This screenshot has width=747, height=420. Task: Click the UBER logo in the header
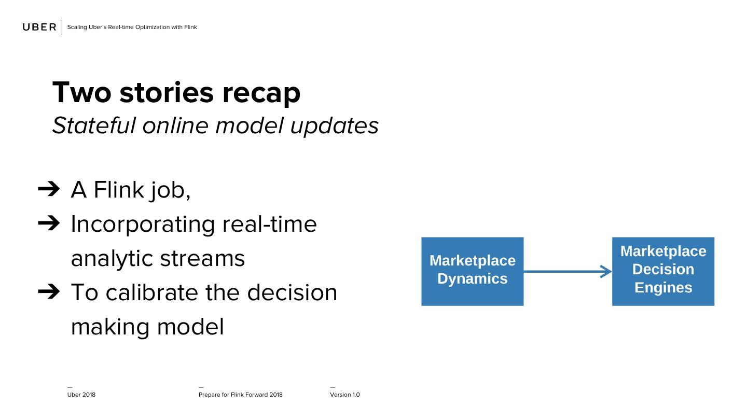tap(39, 27)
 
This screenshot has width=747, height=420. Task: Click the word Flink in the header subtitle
tap(190, 27)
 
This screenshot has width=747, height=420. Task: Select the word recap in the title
tap(261, 93)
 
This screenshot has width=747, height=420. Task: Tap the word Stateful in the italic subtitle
tap(94, 125)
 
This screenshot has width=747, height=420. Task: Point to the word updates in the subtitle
tap(335, 127)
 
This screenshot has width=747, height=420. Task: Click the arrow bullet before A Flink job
tap(49, 189)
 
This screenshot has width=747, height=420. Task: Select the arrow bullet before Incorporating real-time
tap(49, 223)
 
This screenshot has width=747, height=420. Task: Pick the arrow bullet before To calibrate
tap(49, 291)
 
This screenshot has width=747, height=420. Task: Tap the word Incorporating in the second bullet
tap(143, 225)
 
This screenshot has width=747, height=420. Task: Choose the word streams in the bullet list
tap(202, 258)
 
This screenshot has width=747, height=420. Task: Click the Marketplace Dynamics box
tap(472, 271)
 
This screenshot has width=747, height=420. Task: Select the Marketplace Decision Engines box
tap(663, 271)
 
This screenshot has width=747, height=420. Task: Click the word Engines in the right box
tap(663, 288)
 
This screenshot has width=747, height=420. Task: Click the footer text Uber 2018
tap(81, 395)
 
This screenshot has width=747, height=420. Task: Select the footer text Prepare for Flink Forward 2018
tap(241, 395)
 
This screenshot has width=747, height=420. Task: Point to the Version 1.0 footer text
tap(345, 395)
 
